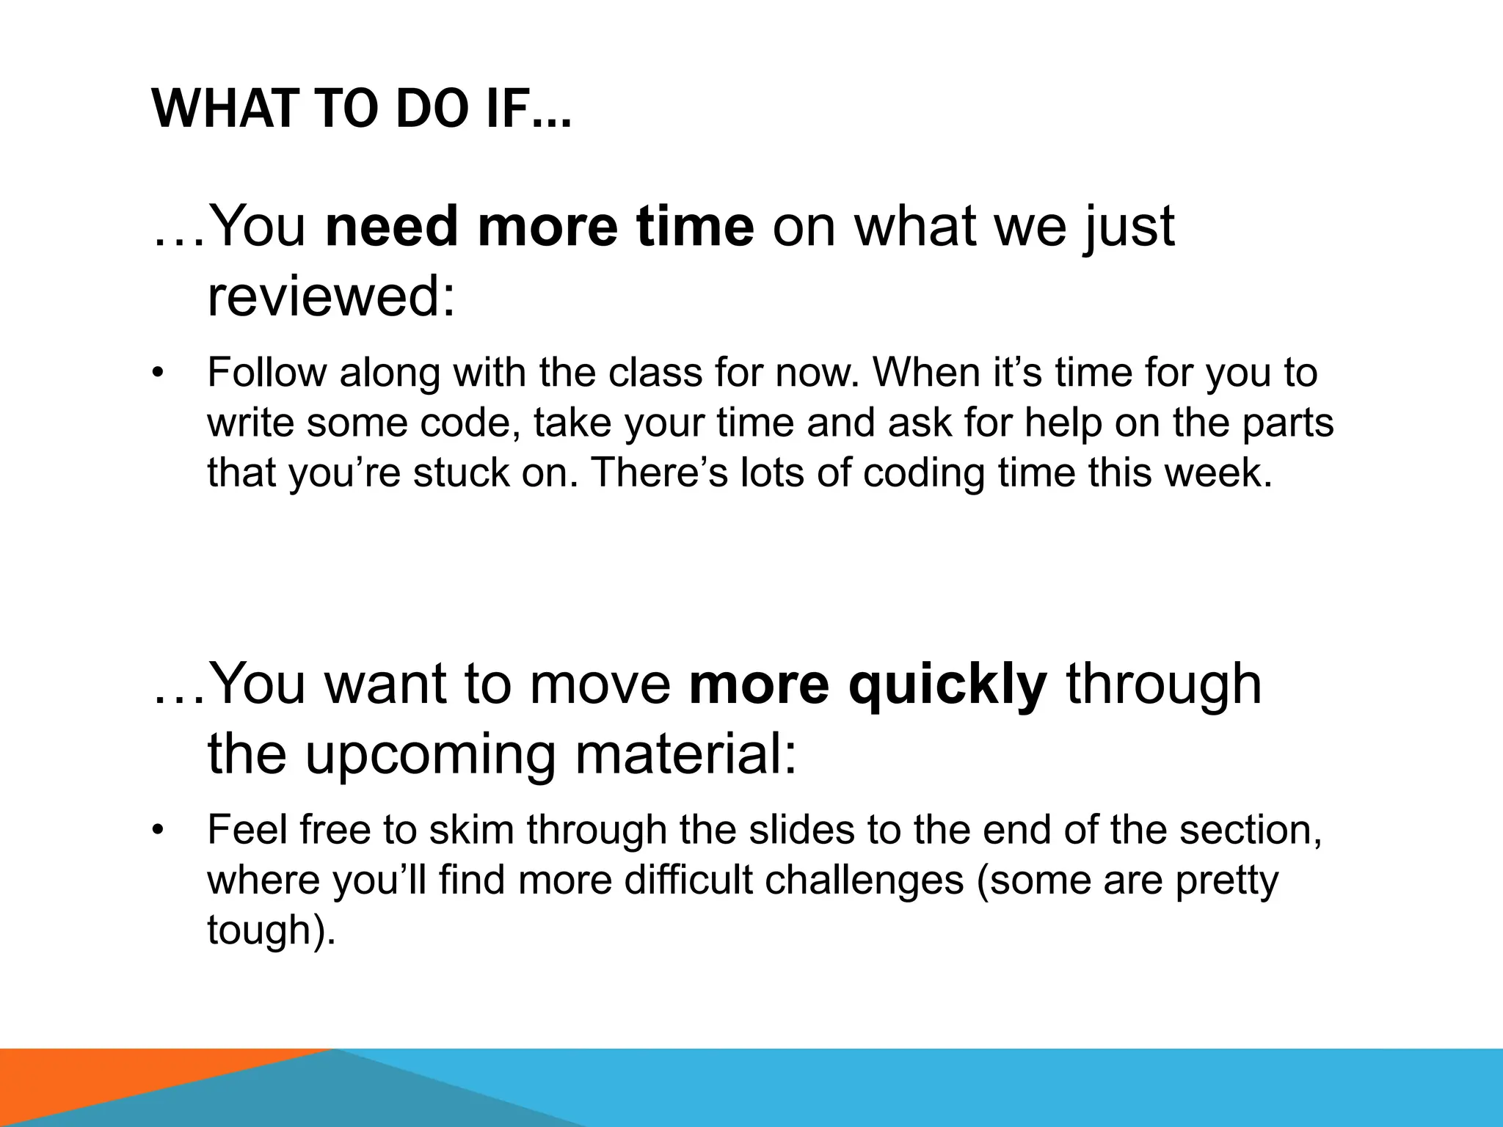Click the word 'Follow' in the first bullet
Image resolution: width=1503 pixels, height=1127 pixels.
pyautogui.click(x=266, y=373)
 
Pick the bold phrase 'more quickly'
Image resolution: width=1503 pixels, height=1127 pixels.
pyautogui.click(x=868, y=684)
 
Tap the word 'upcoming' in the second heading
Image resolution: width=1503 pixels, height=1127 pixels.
pyautogui.click(x=430, y=756)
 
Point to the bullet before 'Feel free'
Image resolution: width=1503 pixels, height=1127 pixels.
pyautogui.click(x=156, y=831)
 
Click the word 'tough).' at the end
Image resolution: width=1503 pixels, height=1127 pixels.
pyautogui.click(x=272, y=930)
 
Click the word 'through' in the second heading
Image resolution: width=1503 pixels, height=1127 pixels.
pyautogui.click(x=1164, y=684)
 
